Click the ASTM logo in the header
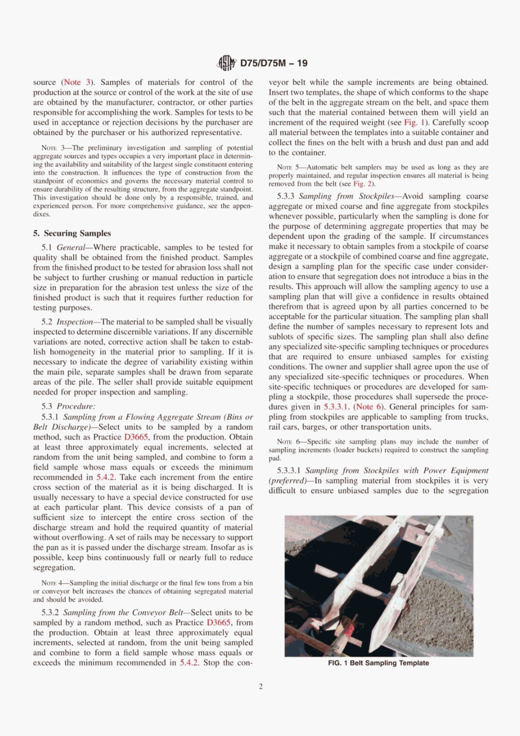coord(226,63)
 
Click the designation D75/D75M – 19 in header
coord(274,63)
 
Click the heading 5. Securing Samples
coord(72,233)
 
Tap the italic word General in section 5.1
coord(71,247)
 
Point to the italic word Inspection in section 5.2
coord(74,322)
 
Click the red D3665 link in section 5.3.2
coord(218,623)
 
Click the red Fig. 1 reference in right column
coord(414,123)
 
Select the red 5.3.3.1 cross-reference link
coord(336,407)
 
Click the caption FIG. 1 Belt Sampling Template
coord(378,663)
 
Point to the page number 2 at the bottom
coord(261,686)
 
